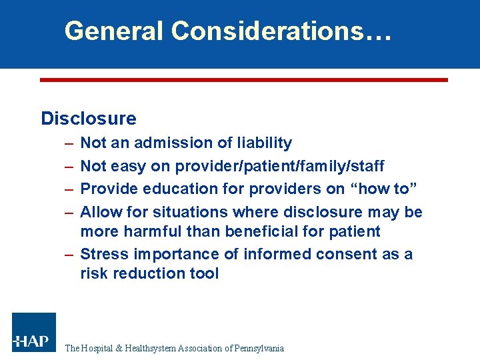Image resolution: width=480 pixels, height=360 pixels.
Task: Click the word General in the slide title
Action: pos(113,31)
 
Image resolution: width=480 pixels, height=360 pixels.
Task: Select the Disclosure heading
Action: pos(89,119)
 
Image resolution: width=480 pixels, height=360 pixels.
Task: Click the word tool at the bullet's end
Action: pos(204,273)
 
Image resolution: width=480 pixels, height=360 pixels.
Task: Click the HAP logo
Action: pos(34,332)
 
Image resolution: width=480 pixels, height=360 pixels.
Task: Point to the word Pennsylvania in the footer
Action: pos(256,348)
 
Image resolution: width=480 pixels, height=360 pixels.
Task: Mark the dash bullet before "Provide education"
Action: pos(69,189)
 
